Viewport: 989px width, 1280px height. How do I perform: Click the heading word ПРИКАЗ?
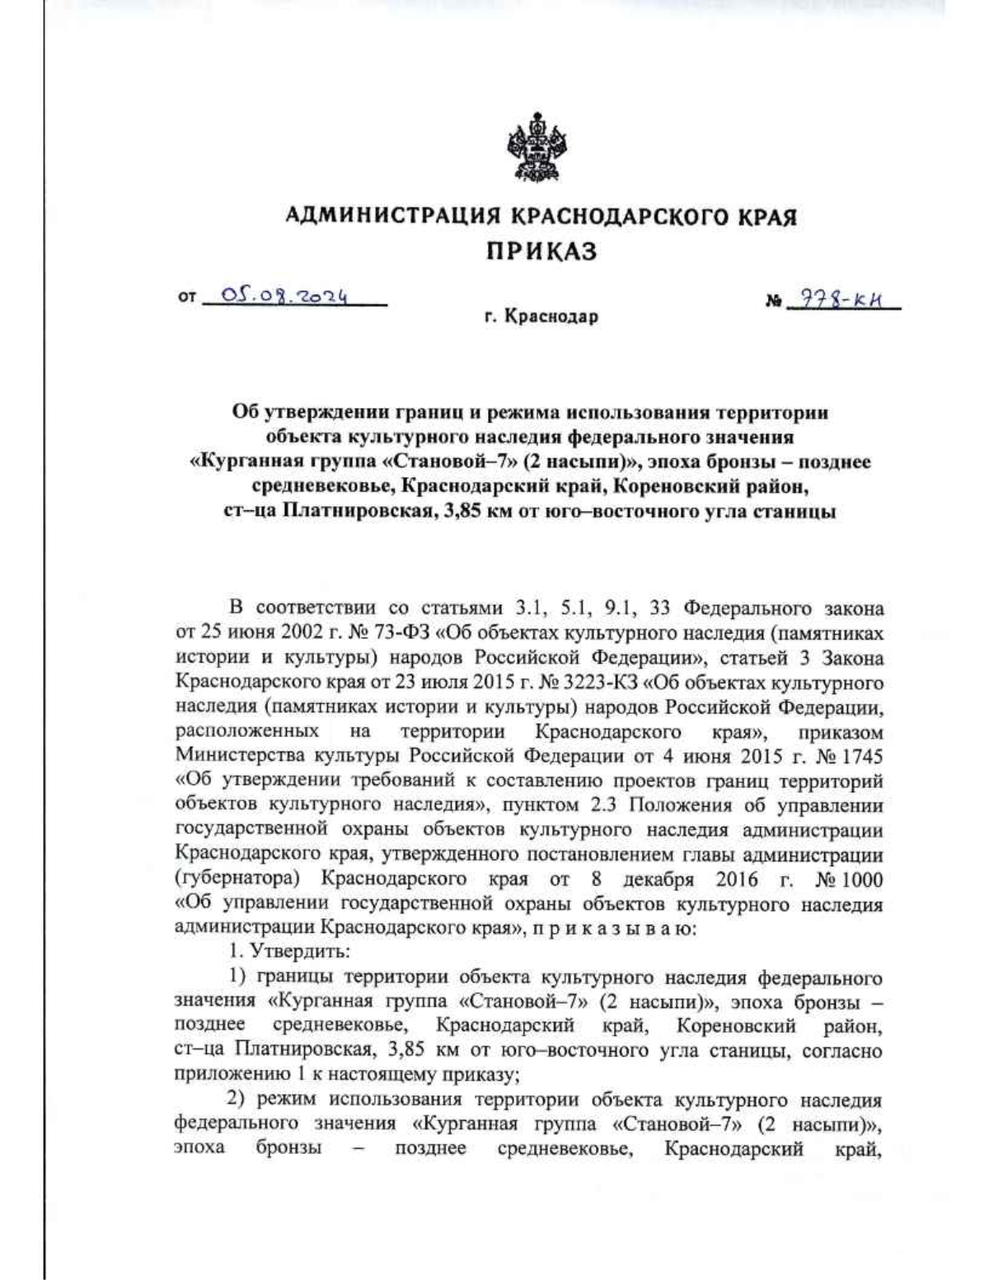540,251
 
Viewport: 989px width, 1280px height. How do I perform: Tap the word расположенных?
247,731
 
